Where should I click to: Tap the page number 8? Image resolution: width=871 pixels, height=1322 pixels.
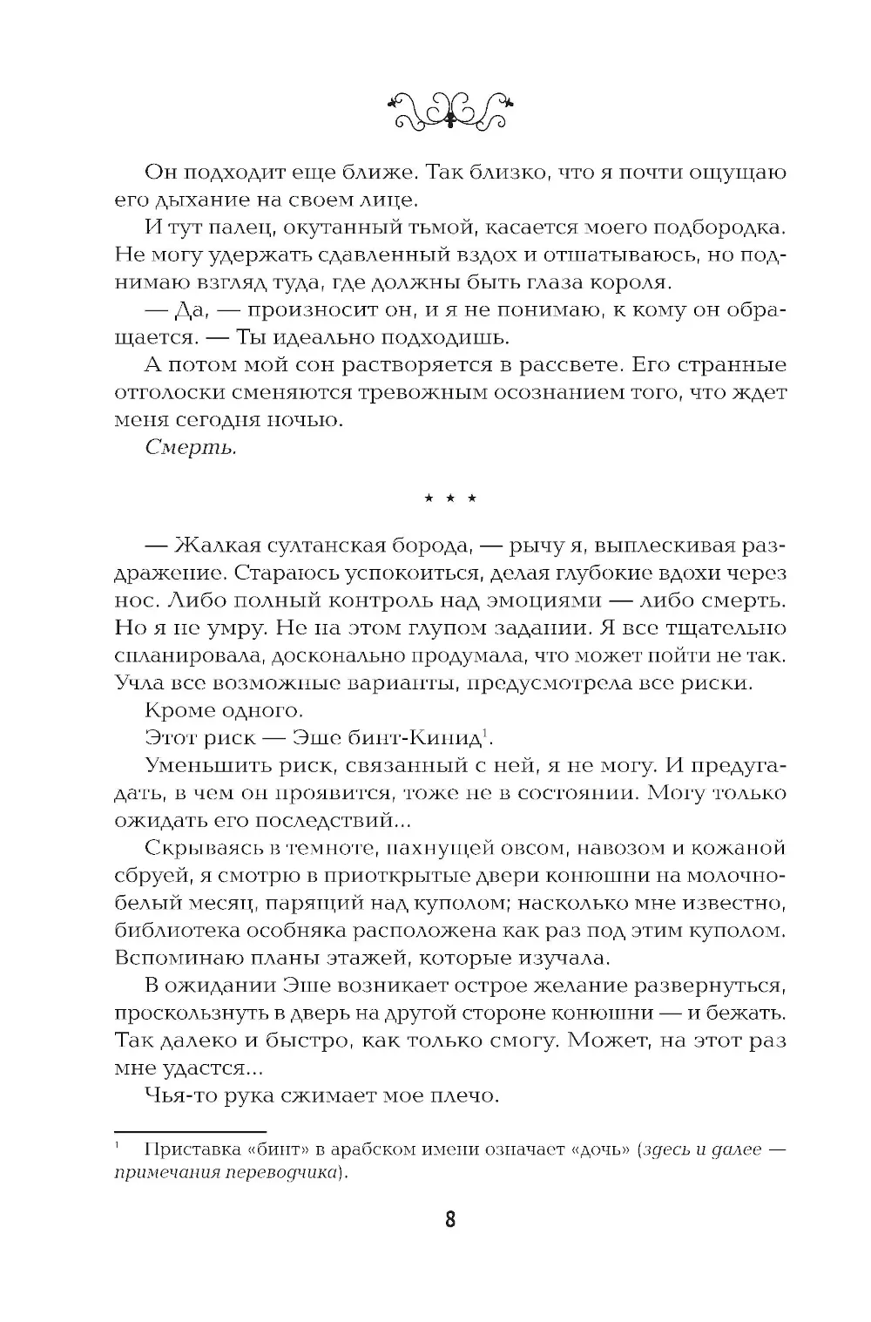tap(450, 1220)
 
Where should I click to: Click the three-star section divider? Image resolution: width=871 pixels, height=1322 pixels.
tap(450, 499)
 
